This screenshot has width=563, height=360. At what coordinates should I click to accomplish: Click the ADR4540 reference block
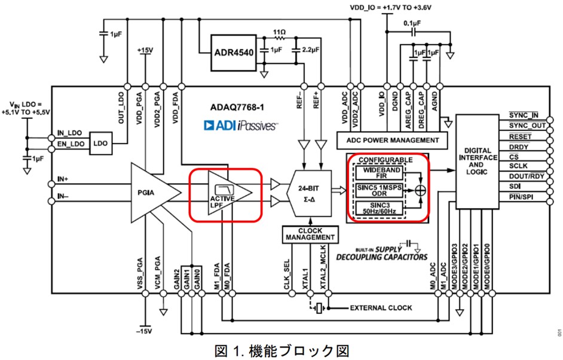pos(234,52)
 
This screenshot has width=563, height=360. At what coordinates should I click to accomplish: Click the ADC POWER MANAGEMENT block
pos(392,140)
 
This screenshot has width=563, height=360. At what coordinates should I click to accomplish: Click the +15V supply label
pos(145,51)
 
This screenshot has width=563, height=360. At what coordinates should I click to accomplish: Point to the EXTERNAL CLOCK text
pos(380,308)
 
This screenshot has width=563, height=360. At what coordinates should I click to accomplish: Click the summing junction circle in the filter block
pos(421,190)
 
